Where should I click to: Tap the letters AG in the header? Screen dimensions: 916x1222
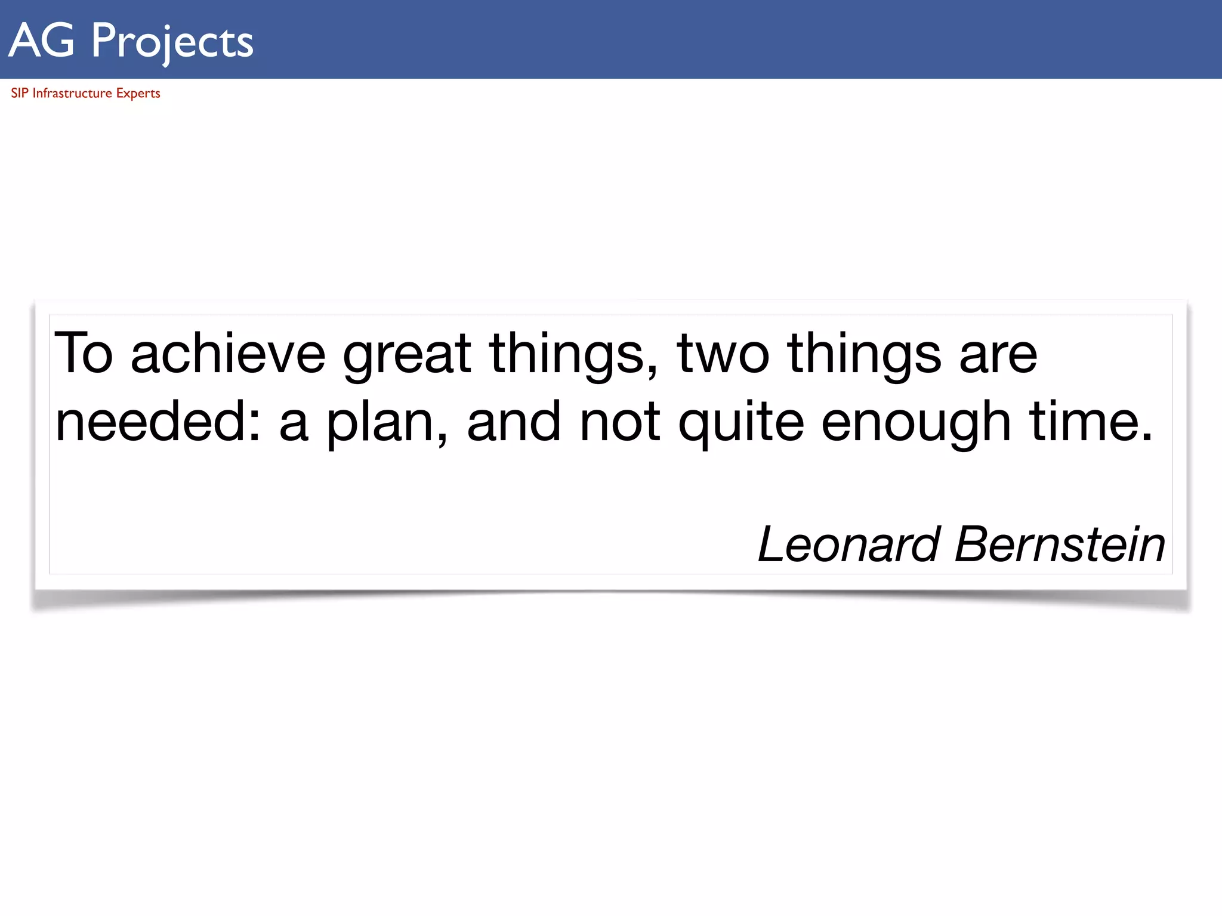[x=42, y=41]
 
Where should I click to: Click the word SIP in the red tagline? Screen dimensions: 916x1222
[x=19, y=93]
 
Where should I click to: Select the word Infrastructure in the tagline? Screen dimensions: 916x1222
[x=72, y=93]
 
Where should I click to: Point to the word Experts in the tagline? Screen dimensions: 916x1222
[x=138, y=94]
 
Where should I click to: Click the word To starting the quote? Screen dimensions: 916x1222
[x=84, y=354]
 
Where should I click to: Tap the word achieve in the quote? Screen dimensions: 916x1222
[x=228, y=354]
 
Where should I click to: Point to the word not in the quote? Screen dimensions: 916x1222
[x=620, y=422]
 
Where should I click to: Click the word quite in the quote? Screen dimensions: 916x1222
[x=741, y=422]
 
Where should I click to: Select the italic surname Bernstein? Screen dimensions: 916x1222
[x=1060, y=544]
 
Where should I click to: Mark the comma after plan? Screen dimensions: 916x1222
[x=442, y=440]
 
